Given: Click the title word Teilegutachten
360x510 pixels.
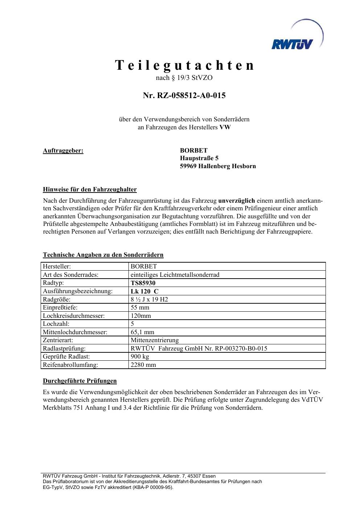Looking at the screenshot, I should (185, 65).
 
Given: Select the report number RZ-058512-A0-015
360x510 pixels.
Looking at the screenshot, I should (191, 96).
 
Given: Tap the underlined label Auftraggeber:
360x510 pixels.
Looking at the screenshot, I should (63, 150).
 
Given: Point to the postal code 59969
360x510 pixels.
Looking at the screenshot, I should (189, 166).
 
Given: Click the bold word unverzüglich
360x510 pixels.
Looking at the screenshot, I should (237, 201).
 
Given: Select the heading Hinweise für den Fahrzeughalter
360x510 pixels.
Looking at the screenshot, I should (90, 189).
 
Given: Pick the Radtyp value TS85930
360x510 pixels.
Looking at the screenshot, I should (143, 283).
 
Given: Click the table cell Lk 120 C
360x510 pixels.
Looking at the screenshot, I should (144, 291).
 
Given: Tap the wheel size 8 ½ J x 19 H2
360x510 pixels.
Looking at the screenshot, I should (149, 299).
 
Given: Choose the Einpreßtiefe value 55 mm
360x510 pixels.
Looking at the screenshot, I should (140, 308).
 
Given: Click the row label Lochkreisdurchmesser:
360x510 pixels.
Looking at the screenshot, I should (74, 316).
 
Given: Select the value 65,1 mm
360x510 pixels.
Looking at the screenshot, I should (142, 332).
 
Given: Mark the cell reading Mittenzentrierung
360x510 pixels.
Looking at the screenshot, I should (155, 340).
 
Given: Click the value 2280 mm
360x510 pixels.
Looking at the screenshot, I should (143, 365).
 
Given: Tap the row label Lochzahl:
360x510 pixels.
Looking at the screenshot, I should (56, 324).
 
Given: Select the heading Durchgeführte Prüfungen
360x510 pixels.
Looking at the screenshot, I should (80, 381).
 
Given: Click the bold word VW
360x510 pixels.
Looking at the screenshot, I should (225, 127).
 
